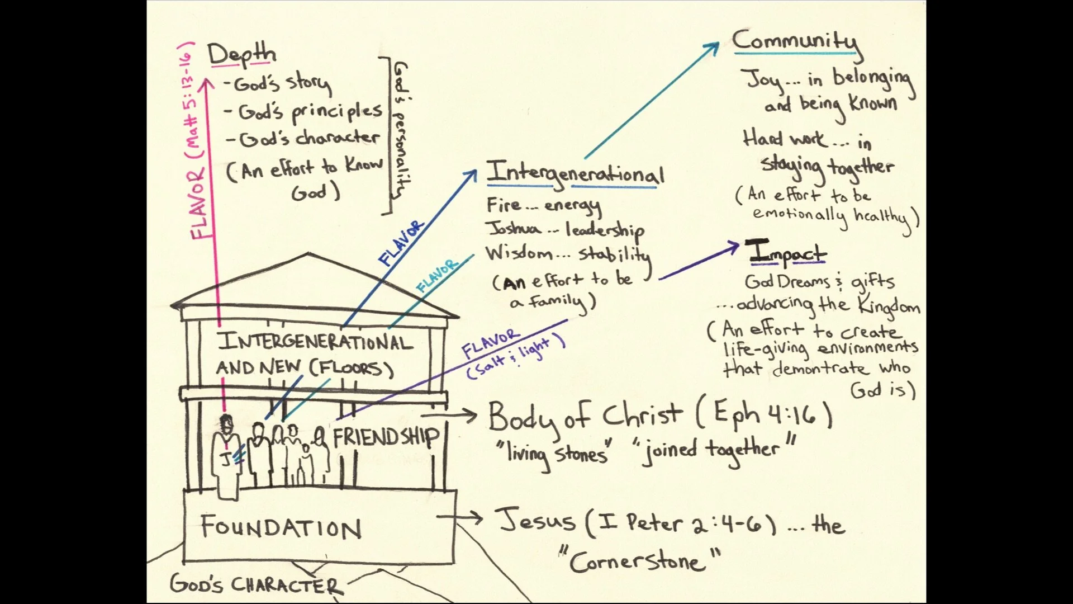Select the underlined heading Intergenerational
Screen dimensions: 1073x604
point(575,173)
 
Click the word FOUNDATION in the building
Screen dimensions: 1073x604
point(281,528)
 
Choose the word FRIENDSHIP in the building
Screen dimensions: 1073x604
point(386,437)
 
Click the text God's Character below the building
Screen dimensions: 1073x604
point(254,585)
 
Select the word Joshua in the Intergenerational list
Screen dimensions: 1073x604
point(514,229)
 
